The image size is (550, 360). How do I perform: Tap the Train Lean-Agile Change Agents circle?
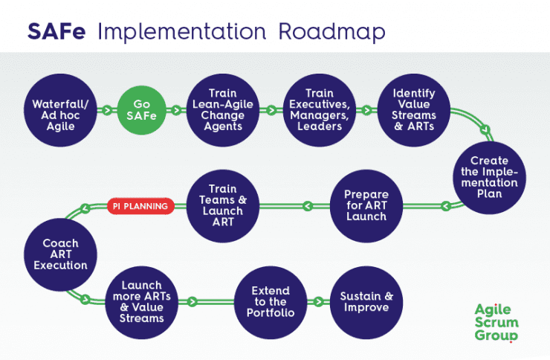[223, 110]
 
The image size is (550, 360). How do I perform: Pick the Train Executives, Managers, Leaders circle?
[318, 110]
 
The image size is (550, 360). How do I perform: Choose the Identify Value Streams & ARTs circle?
[414, 110]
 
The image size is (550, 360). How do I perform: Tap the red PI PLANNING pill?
[140, 206]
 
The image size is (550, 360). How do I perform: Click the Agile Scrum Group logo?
[496, 323]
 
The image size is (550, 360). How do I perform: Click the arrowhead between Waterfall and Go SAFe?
[107, 110]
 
